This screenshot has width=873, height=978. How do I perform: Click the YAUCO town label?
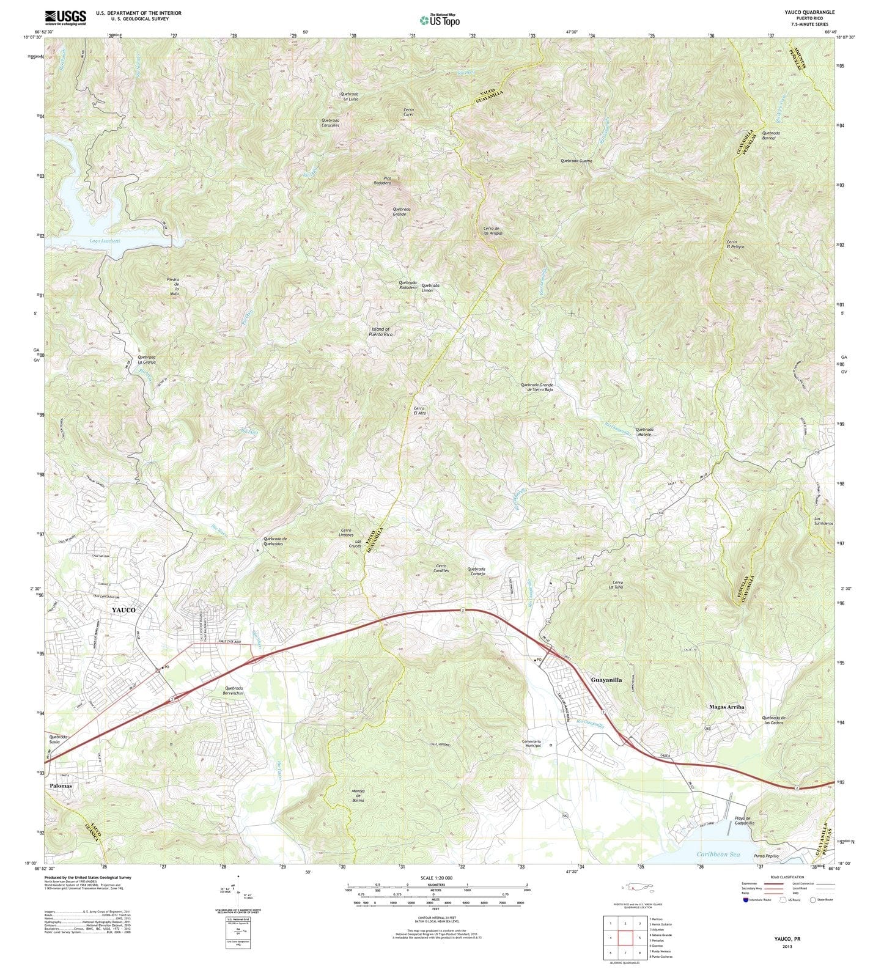(123, 610)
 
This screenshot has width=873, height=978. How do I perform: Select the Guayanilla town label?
(606, 680)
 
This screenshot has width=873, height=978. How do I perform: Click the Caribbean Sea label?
(718, 854)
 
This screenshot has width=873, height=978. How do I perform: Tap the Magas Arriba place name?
(727, 707)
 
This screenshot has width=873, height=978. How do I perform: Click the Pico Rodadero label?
(383, 180)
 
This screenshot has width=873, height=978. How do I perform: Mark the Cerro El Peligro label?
(735, 244)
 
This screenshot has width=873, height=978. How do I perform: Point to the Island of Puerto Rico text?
(381, 332)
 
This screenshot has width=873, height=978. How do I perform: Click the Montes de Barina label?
(358, 795)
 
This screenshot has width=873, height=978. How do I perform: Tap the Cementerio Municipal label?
(532, 743)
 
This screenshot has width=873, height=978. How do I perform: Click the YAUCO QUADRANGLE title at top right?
(809, 12)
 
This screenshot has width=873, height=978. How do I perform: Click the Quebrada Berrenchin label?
(235, 691)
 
